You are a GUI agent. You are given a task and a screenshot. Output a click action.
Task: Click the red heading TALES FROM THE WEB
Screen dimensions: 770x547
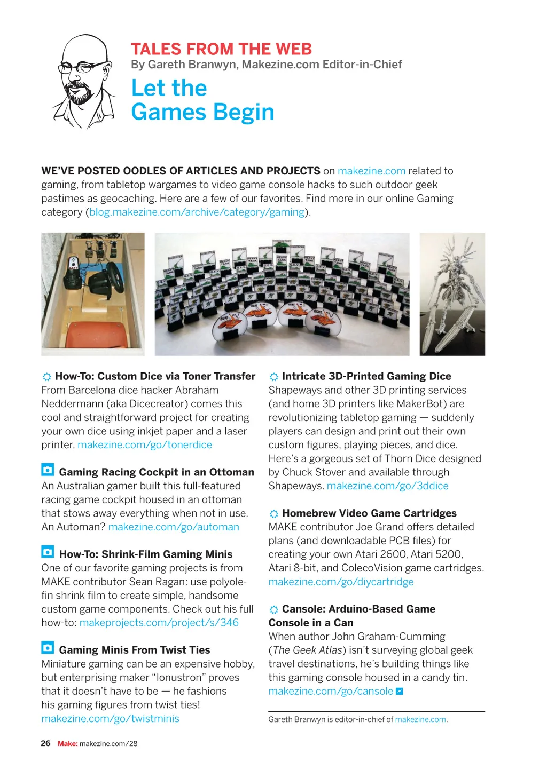[221, 49]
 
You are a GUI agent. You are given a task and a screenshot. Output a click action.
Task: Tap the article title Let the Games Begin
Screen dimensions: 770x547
[202, 100]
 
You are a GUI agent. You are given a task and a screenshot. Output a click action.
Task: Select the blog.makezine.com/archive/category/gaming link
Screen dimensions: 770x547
[197, 212]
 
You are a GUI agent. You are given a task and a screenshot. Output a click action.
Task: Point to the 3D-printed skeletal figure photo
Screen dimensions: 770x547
[452, 294]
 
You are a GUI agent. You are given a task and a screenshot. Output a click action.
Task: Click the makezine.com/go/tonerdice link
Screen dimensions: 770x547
[145, 444]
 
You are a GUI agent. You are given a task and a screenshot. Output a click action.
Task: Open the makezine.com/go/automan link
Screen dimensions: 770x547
[174, 527]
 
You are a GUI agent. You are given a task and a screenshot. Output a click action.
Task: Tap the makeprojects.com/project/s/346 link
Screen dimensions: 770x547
[159, 622]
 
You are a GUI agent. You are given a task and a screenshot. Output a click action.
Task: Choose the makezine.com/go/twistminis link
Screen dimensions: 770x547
[110, 718]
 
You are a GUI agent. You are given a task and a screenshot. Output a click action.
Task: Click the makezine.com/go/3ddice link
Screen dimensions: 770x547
[387, 486]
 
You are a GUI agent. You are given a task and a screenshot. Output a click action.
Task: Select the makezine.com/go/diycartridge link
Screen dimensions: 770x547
[341, 582]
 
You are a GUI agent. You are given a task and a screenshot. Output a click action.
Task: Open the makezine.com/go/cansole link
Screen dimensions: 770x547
[331, 691]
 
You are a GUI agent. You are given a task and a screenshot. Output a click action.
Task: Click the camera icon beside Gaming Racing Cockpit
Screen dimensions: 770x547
[48, 470]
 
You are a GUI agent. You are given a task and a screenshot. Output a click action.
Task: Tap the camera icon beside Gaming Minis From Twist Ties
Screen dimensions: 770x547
[48, 648]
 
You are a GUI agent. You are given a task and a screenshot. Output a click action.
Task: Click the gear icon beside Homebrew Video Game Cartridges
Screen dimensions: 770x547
[274, 514]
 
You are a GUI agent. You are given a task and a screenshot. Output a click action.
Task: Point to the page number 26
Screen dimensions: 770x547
[46, 743]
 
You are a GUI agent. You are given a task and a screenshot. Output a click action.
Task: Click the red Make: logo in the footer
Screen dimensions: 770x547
[67, 743]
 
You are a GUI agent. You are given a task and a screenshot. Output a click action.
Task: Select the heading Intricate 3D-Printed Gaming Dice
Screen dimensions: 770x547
[366, 376]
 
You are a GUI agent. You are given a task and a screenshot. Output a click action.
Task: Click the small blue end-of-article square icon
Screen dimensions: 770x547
[399, 691]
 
